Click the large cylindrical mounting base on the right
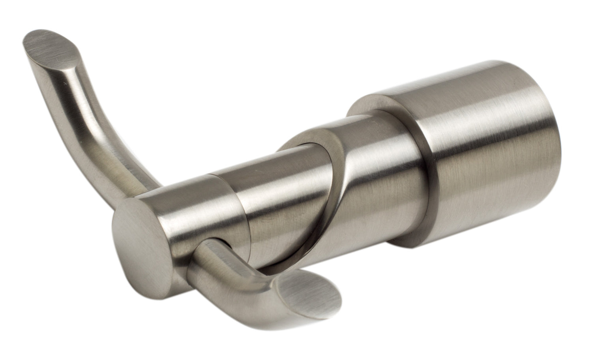click(493, 158)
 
